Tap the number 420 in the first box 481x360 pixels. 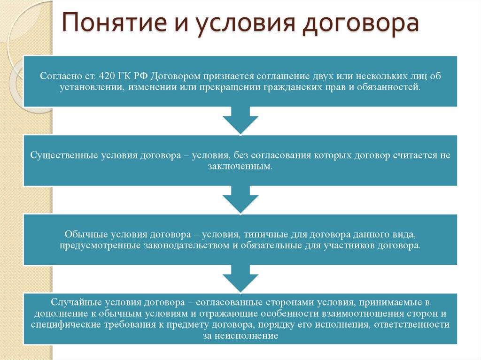pos(108,76)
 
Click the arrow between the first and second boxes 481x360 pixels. pos(240,121)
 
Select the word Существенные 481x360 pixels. pos(64,155)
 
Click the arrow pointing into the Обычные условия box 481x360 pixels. pos(240,200)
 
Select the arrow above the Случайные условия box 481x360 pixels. pos(240,278)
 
